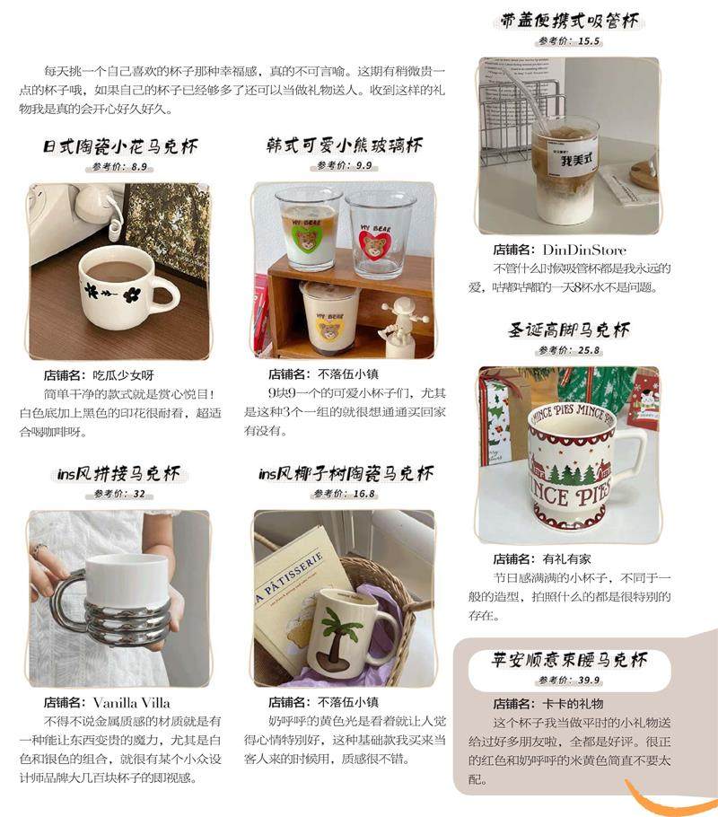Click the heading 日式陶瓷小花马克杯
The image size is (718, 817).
pos(121,146)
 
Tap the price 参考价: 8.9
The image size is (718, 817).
pos(120,167)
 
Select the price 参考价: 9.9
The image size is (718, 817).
pos(345,166)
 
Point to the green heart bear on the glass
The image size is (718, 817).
pos(307,239)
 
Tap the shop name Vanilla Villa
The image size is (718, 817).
pos(132,702)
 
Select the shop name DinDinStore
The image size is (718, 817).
pos(584,250)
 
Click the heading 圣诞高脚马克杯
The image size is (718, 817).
pos(569,329)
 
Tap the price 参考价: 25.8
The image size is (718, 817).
pos(569,350)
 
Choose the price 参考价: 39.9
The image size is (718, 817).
pos(569,680)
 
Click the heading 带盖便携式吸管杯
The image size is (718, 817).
pos(569,21)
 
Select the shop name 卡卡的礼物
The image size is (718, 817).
pos(573,704)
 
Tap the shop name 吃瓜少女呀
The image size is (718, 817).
pos(123,375)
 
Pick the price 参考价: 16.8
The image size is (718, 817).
pos(345,494)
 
